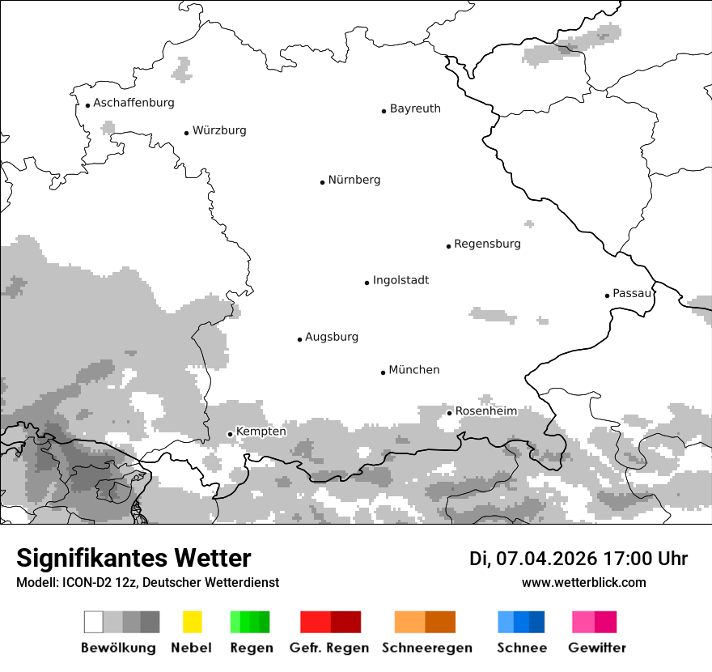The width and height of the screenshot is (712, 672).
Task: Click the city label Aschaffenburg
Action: (133, 103)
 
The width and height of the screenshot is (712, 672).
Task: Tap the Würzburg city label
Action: (219, 130)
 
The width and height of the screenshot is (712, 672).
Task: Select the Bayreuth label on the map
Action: (415, 108)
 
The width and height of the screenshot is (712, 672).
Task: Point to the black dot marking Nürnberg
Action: (322, 182)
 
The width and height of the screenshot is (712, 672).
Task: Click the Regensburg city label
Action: (487, 244)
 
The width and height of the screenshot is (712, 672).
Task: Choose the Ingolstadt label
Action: (400, 280)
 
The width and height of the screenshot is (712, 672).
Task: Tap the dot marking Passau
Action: (607, 296)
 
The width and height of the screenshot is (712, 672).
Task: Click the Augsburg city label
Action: (332, 337)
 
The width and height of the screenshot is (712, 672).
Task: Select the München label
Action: (414, 370)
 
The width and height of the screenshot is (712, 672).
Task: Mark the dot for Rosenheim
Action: (449, 413)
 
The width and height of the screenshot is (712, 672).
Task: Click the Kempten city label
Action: (261, 432)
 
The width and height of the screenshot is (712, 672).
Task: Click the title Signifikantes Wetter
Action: (133, 559)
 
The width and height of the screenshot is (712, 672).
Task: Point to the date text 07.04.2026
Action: (546, 559)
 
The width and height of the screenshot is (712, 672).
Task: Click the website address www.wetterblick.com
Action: (583, 583)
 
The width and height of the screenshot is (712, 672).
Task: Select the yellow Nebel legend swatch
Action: (192, 622)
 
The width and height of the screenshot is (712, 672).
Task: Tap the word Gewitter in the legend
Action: (597, 648)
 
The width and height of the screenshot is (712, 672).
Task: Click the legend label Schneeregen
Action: (426, 648)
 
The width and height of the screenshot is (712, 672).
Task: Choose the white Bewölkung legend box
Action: (93, 622)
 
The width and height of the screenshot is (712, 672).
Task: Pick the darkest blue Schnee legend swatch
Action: (536, 622)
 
